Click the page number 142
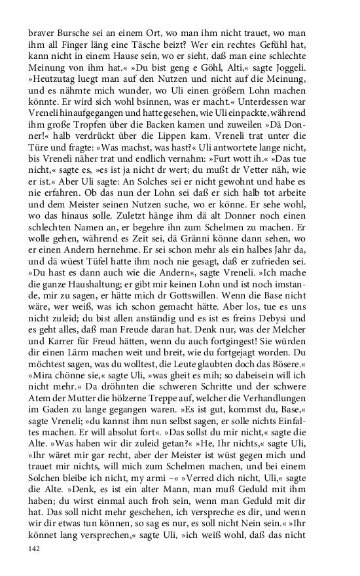pyautogui.click(x=35, y=549)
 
